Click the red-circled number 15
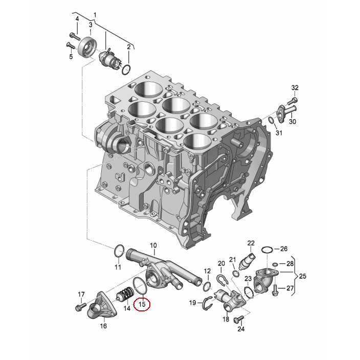click(142, 304)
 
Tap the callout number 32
click(295, 88)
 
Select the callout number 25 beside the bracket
click(303, 276)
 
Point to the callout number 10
click(153, 245)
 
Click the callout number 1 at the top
click(95, 15)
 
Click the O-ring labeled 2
click(126, 70)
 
